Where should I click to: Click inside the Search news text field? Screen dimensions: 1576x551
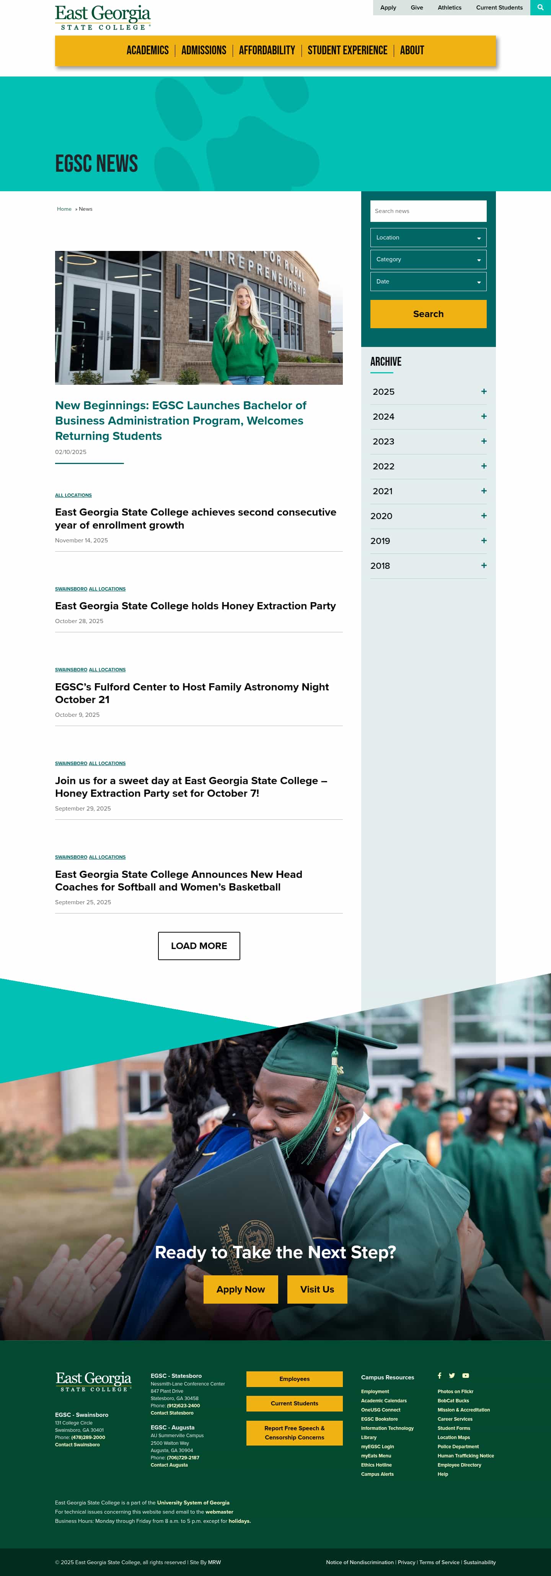click(428, 211)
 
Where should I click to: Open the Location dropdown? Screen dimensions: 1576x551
click(428, 238)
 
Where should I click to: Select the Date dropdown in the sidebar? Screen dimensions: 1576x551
click(428, 282)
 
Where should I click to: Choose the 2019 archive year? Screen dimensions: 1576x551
click(380, 541)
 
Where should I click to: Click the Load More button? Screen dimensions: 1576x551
click(199, 946)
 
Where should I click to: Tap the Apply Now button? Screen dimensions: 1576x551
click(241, 1289)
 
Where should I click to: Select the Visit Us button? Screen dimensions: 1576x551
click(317, 1289)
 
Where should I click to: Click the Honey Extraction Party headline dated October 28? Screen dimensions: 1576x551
click(195, 606)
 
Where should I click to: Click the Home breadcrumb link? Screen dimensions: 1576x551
click(64, 209)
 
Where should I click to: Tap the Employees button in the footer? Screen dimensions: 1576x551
click(295, 1379)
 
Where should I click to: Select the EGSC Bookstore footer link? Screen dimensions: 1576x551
click(379, 1419)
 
